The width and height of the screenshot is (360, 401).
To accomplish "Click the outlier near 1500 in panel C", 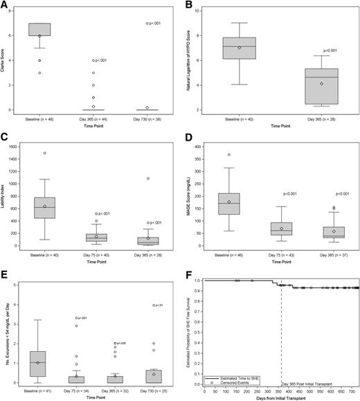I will point(44,153).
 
